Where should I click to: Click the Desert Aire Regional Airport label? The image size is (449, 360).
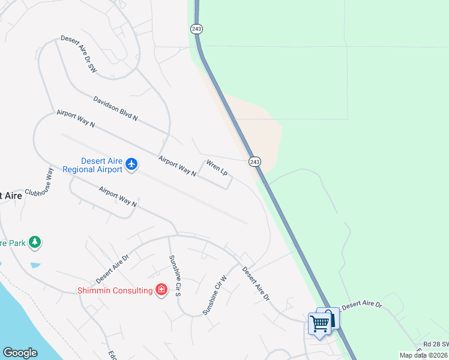click(101, 164)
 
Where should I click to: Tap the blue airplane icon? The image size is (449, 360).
click(131, 164)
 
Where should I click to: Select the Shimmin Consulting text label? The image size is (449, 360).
click(115, 290)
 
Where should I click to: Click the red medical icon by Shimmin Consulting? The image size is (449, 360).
click(161, 290)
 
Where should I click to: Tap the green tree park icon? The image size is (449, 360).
click(35, 242)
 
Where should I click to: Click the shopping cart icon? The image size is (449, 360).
click(320, 323)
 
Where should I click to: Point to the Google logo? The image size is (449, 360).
click(20, 353)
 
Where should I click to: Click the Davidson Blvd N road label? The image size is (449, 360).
click(115, 109)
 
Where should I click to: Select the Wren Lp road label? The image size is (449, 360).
click(217, 167)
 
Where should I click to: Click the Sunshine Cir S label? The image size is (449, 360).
click(174, 276)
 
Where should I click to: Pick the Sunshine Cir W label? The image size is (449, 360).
click(215, 295)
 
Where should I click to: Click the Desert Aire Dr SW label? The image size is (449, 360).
click(79, 55)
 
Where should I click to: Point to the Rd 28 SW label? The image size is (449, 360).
click(435, 344)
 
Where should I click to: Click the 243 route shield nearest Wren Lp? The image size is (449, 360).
click(255, 162)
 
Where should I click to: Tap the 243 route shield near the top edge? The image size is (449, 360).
click(196, 29)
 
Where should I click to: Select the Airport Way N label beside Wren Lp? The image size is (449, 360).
click(177, 166)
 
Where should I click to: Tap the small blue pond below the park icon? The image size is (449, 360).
click(35, 265)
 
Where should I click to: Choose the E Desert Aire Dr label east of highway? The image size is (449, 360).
click(361, 305)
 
